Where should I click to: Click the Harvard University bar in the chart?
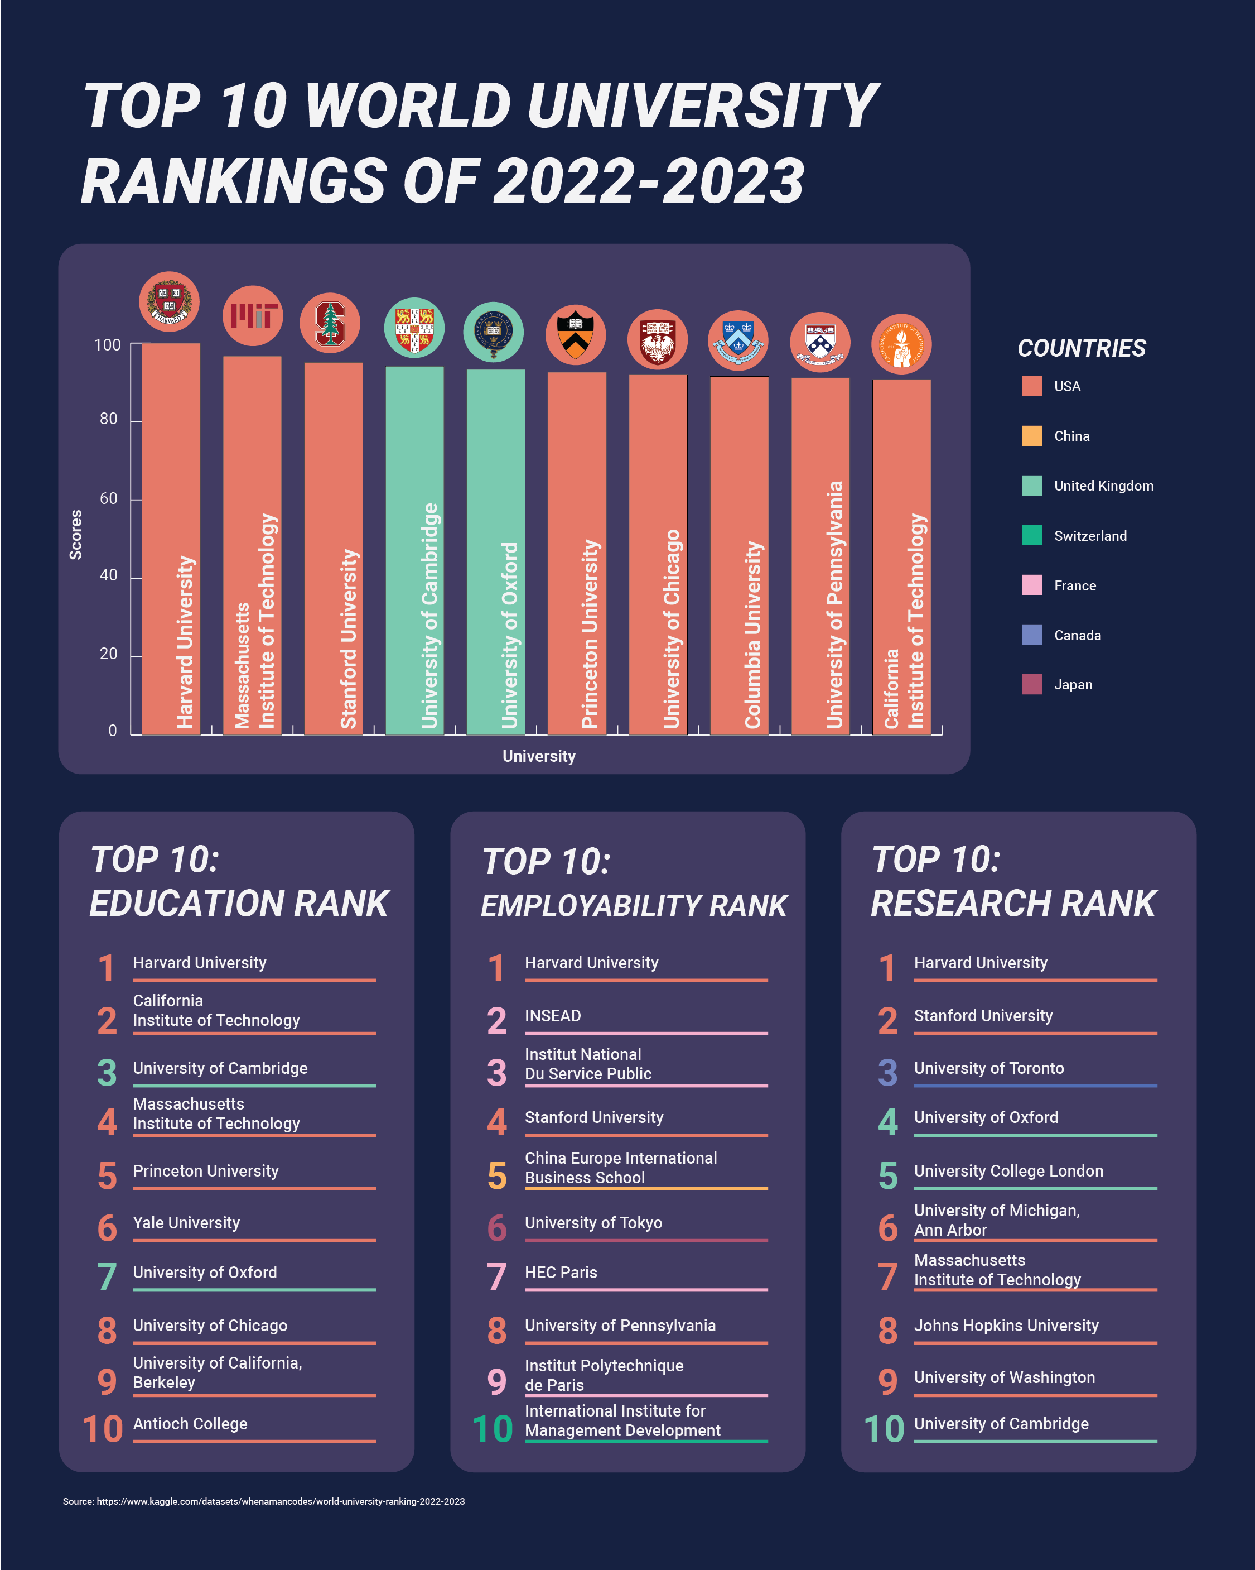tap(171, 539)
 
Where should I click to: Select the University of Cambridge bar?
tap(414, 550)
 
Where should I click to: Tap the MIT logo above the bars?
tap(253, 316)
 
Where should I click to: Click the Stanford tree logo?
tap(330, 323)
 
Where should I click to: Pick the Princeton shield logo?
tap(575, 335)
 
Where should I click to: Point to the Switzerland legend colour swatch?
tap(1031, 535)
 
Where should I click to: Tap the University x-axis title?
tap(539, 756)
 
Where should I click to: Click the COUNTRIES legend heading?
tap(1081, 348)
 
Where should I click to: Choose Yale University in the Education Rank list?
tap(186, 1223)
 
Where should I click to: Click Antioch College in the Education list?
tap(190, 1424)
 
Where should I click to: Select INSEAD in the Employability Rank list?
tap(553, 1016)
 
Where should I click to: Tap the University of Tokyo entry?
tap(593, 1223)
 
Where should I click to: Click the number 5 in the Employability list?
tap(496, 1176)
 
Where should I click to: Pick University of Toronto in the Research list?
tap(988, 1068)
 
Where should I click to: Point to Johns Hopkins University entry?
tap(1006, 1326)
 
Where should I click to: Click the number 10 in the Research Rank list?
tap(884, 1429)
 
